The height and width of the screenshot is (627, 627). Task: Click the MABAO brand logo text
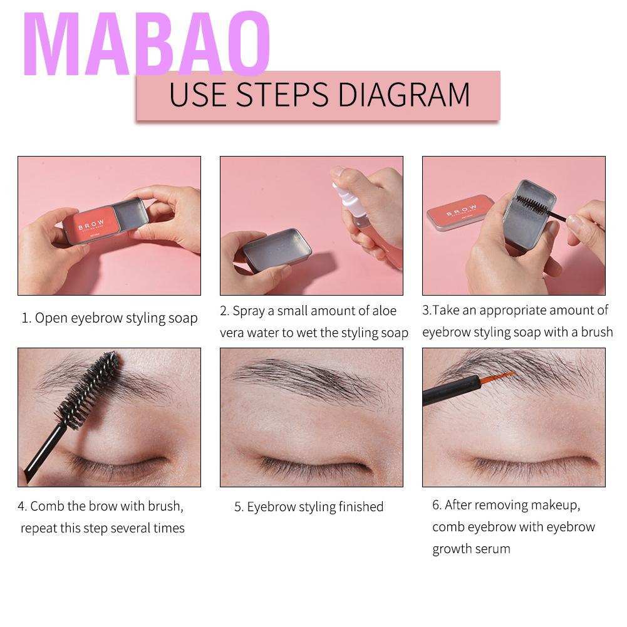tap(149, 45)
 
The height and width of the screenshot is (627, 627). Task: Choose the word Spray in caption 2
tap(249, 311)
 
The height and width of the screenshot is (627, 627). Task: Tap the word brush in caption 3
tap(596, 332)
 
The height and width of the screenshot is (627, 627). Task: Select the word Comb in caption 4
tap(46, 505)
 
